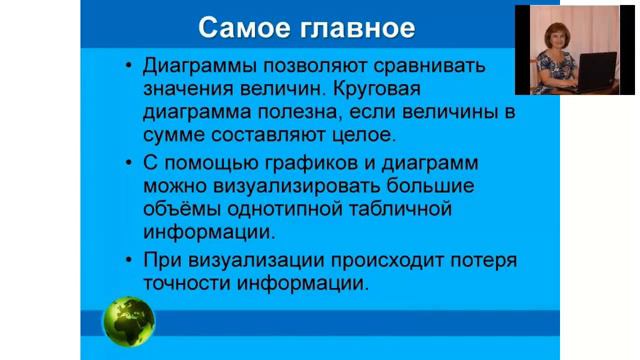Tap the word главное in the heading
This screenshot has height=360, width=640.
pos(351,27)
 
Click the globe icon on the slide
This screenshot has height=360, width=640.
pos(129,319)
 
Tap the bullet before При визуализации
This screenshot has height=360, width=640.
pos(129,261)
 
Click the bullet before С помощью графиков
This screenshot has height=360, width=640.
pos(129,163)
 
